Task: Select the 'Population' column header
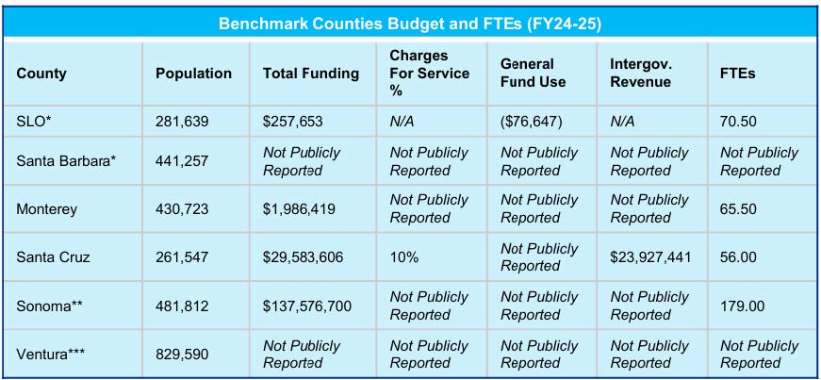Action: [x=194, y=74]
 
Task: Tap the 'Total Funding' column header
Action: [x=311, y=74]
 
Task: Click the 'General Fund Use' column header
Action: [x=533, y=74]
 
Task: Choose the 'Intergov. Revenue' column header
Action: [x=641, y=74]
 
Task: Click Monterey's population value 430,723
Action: [x=182, y=209]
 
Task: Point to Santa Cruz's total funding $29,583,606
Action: [x=304, y=257]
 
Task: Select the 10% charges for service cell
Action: [x=404, y=257]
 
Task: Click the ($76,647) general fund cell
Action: [x=532, y=122]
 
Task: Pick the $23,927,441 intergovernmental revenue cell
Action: [x=650, y=257]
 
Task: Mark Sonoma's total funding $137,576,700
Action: [x=307, y=306]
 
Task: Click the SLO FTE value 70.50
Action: [x=738, y=122]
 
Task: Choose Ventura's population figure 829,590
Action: [x=182, y=355]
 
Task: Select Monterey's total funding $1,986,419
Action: [x=299, y=209]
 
